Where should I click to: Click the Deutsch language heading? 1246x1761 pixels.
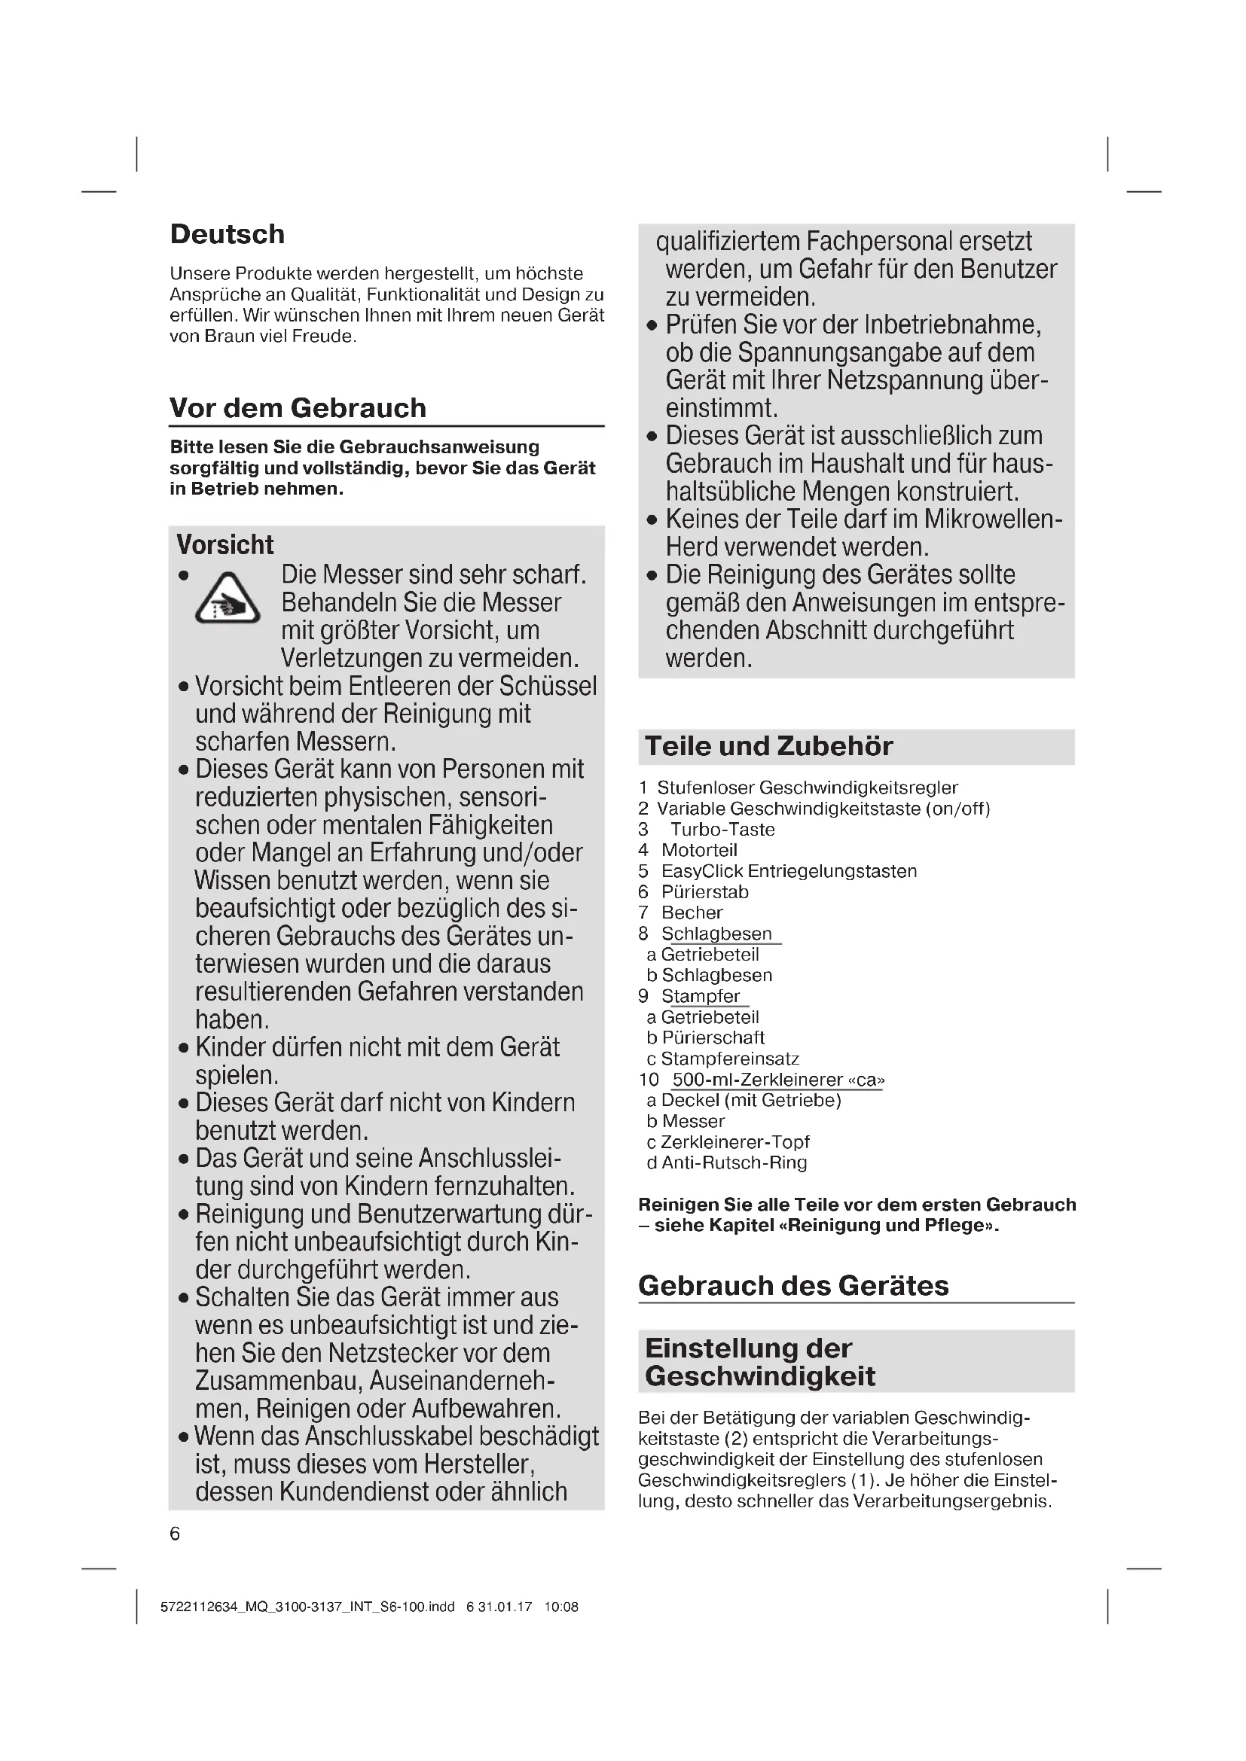[227, 234]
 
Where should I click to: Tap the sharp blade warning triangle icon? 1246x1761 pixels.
[227, 599]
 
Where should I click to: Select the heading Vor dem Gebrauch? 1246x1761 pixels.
[298, 408]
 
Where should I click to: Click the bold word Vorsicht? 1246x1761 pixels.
[224, 544]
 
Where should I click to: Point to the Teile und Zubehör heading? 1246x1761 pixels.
[769, 746]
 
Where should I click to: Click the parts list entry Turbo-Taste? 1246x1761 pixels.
[722, 829]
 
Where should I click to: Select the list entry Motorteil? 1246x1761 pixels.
[699, 850]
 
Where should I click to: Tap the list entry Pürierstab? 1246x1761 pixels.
[704, 892]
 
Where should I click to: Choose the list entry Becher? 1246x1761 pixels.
[692, 912]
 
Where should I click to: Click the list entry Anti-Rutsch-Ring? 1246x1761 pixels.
[734, 1162]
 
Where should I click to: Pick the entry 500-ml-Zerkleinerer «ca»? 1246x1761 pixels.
[777, 1080]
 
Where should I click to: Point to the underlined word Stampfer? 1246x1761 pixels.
[701, 996]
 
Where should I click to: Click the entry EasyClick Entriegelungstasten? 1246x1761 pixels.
[789, 871]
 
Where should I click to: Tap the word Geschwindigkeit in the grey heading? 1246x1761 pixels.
[759, 1377]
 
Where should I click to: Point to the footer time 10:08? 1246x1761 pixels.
[561, 1607]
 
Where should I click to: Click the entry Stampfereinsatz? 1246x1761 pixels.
[730, 1059]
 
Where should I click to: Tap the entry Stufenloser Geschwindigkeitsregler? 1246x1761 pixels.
[807, 788]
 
